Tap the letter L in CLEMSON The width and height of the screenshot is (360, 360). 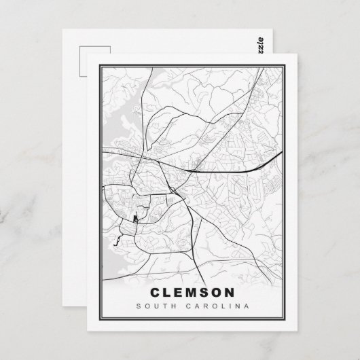click(x=166, y=293)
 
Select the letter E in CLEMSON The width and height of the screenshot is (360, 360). click(x=178, y=293)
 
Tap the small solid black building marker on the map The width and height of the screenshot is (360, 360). click(x=135, y=219)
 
